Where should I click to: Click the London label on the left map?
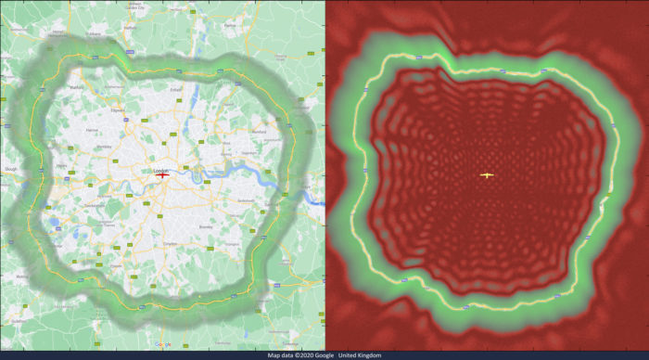point(159,170)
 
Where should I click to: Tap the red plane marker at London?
point(163,176)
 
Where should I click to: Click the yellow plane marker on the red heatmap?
point(487,174)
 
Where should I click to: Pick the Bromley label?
point(206,226)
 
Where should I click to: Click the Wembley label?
point(105,147)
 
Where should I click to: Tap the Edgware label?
point(117,109)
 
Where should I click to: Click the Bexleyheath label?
point(245,200)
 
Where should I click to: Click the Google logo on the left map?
point(11,170)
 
